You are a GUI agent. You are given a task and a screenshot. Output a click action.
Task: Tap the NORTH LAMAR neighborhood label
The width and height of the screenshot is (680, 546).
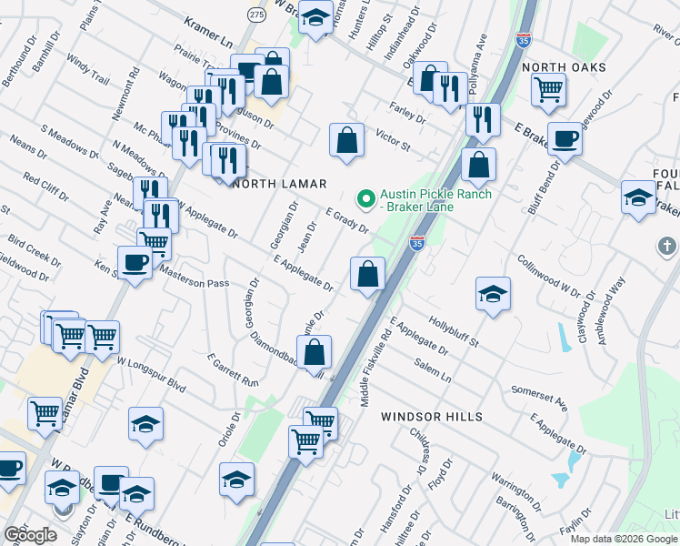[x=280, y=184]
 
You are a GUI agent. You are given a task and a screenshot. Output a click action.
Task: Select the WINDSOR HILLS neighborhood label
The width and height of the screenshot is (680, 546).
[x=431, y=416]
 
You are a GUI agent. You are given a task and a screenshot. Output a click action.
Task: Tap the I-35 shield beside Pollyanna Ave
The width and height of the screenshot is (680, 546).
[x=522, y=40]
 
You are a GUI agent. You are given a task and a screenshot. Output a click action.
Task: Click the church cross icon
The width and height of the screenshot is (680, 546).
[x=666, y=246]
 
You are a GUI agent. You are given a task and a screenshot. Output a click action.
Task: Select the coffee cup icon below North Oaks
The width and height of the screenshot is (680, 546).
[x=565, y=138]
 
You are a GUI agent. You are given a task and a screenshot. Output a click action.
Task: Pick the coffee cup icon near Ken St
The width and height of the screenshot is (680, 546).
[x=135, y=262]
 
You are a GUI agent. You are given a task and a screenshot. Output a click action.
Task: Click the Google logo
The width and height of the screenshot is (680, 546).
[x=30, y=534]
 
